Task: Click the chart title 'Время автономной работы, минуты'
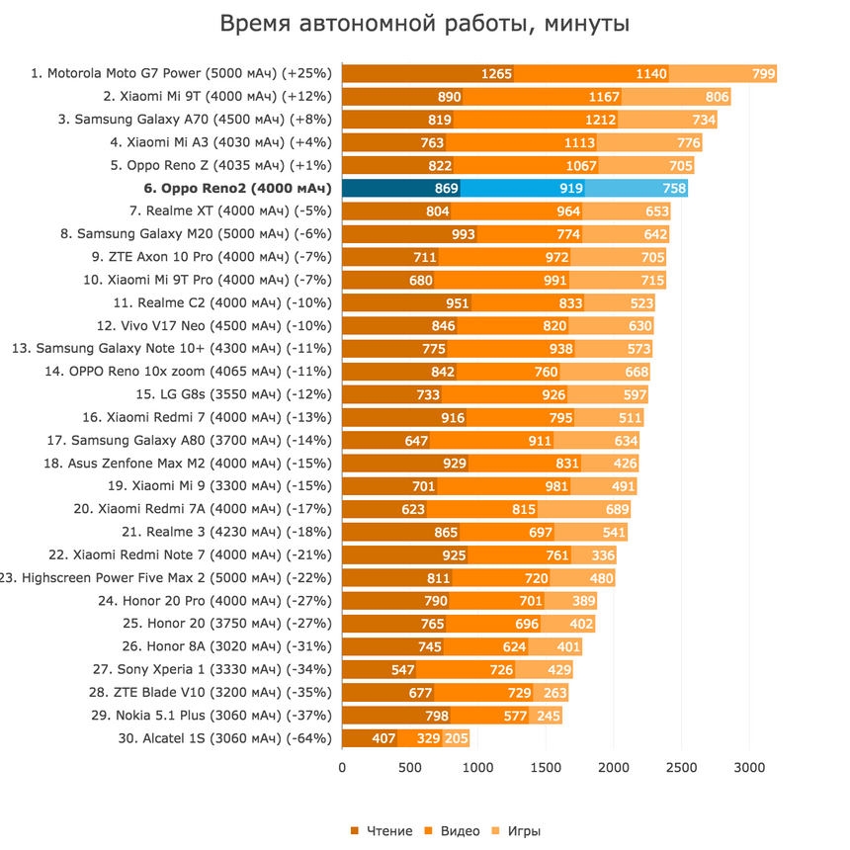424,23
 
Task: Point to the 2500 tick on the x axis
681,767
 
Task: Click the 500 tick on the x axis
410,767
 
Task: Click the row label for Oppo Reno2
222,188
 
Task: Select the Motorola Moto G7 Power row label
182,73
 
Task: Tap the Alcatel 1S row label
223,738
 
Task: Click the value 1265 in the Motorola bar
496,73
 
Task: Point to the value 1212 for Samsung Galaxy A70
600,120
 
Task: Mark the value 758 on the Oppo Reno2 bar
674,188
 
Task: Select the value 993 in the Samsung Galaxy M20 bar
463,234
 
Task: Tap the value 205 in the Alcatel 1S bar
456,738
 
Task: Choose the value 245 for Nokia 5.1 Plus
549,716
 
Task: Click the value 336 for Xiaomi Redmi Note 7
603,555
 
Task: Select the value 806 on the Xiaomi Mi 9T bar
717,97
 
